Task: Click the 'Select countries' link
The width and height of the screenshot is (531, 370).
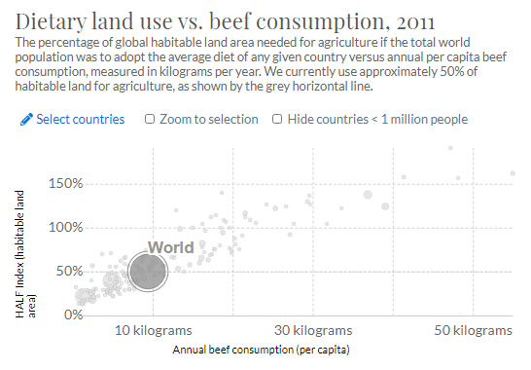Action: tap(80, 119)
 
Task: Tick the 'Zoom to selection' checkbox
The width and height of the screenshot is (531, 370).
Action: tap(150, 119)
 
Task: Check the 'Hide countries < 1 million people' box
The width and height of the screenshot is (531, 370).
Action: tap(278, 119)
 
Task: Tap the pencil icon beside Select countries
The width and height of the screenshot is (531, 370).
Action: tap(25, 119)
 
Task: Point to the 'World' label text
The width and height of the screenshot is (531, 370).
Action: tap(170, 247)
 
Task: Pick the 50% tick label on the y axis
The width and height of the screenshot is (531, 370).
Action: tap(67, 271)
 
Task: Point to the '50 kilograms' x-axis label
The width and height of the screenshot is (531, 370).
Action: tap(472, 331)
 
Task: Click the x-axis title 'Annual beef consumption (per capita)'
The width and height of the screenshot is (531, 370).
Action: tap(260, 349)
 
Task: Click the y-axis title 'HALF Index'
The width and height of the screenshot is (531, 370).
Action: tap(23, 255)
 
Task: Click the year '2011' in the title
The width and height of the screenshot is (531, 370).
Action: tap(410, 20)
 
